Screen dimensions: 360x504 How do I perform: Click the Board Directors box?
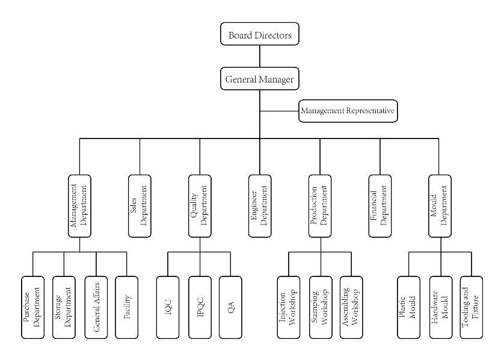[260, 35]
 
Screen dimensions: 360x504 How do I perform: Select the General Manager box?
[260, 79]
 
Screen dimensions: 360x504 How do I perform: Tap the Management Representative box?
[348, 111]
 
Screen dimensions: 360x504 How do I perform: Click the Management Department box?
[79, 205]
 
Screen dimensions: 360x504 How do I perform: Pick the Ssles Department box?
[140, 205]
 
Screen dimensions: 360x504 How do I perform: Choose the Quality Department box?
[200, 205]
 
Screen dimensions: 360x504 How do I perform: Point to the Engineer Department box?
[260, 205]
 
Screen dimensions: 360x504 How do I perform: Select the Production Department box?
[320, 205]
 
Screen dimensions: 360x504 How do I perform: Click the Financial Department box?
[380, 205]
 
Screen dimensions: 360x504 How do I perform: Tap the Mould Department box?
[440, 205]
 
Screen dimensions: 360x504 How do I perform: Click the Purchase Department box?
[32, 306]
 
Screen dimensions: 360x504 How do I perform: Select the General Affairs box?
[96, 306]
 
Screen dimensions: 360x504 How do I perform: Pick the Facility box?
[127, 306]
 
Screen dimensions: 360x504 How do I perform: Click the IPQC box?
[200, 306]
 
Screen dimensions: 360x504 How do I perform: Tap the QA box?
[231, 306]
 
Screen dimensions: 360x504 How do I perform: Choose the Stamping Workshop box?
[320, 306]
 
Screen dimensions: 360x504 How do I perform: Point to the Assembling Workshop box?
[351, 306]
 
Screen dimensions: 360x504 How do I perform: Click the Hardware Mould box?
[440, 306]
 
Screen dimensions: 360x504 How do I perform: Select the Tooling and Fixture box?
[472, 306]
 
